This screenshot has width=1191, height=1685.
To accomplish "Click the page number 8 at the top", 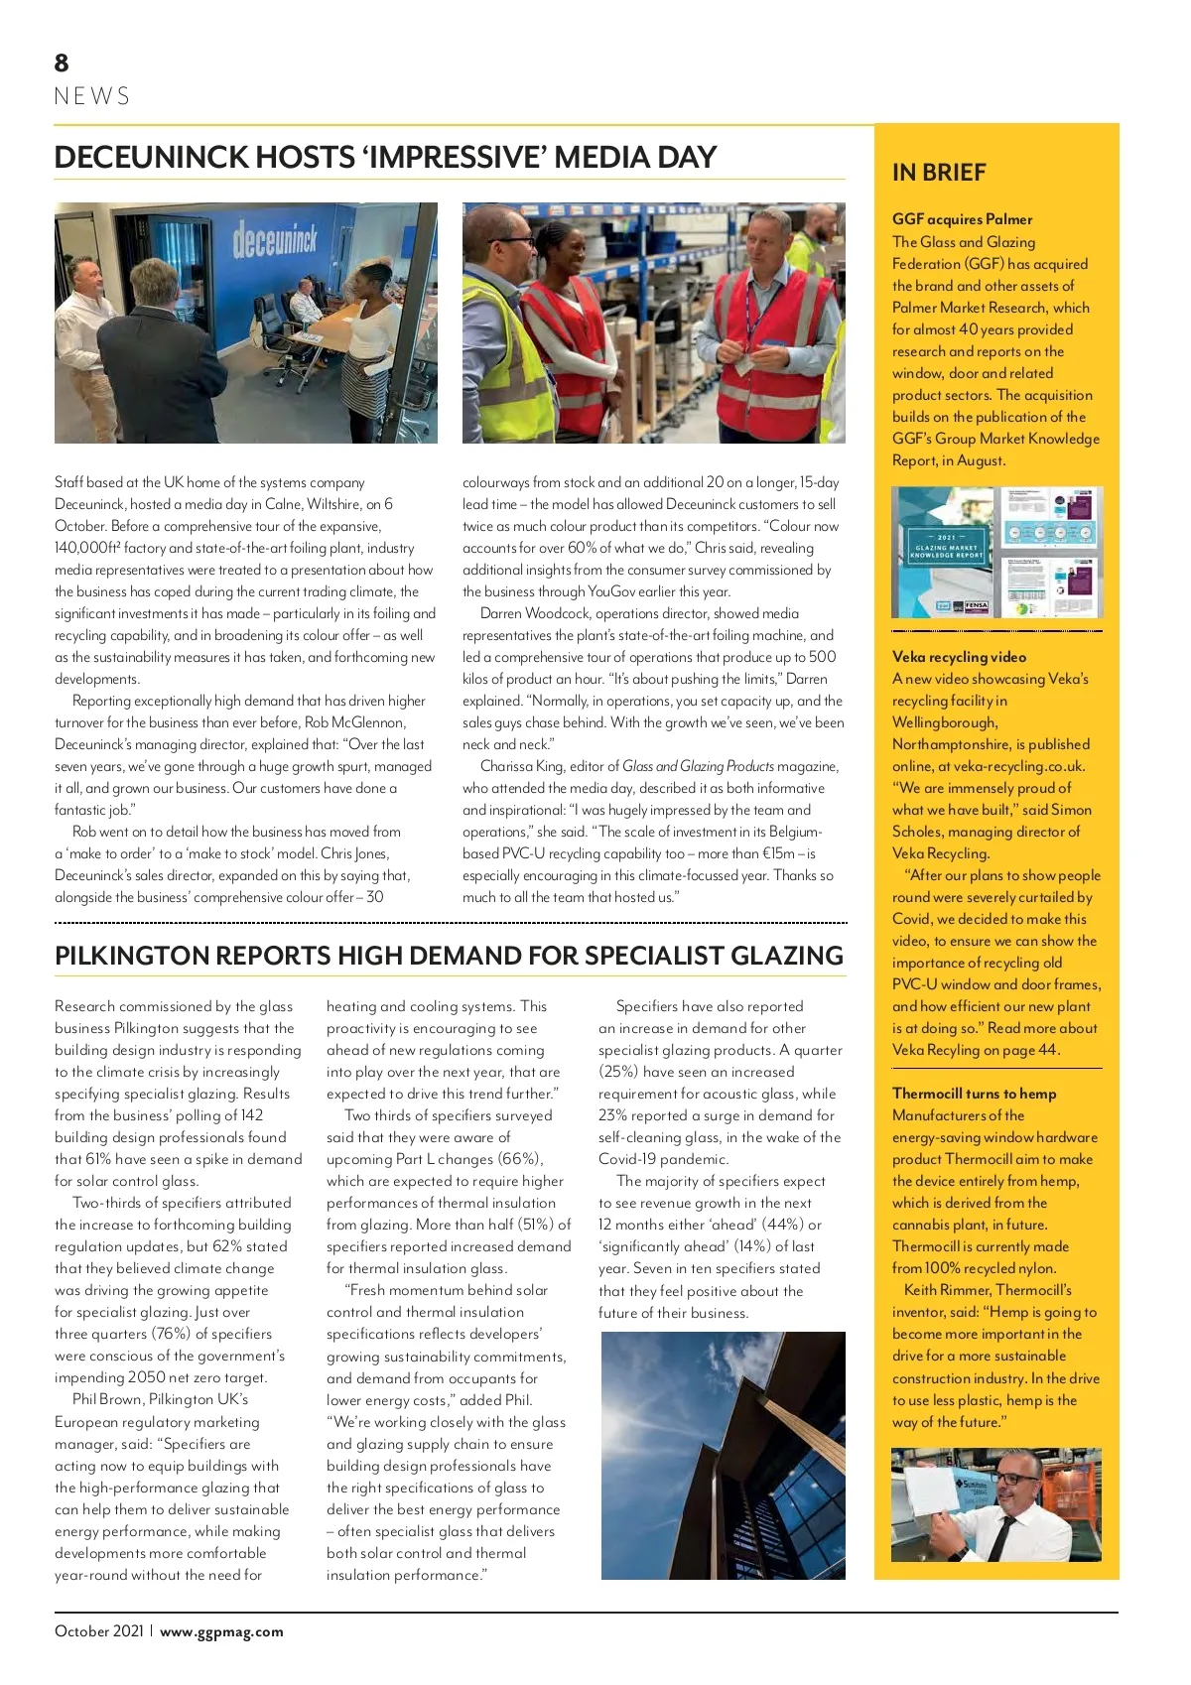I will [62, 64].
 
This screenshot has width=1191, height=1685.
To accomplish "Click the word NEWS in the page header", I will [92, 96].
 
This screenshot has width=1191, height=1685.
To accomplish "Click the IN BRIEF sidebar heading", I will [939, 173].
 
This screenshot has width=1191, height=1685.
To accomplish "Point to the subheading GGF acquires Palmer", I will [962, 219].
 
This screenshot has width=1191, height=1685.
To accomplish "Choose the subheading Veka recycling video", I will [959, 657].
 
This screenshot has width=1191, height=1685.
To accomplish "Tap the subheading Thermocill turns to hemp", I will [974, 1094].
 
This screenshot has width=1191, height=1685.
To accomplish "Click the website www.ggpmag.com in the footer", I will [221, 1631].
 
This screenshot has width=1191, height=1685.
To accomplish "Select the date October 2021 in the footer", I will [99, 1631].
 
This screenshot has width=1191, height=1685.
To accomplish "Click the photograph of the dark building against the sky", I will [723, 1455].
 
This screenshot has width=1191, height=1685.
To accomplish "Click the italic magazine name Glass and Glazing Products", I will [698, 766].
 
